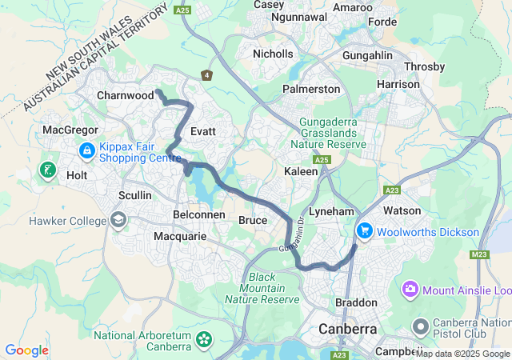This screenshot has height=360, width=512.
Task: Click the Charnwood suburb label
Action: point(124,95)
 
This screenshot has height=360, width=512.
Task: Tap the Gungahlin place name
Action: point(370,55)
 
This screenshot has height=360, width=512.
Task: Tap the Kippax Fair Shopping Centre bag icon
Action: point(87,150)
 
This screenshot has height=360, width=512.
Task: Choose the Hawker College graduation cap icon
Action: point(118,220)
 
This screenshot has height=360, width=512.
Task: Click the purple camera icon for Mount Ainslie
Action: point(410,289)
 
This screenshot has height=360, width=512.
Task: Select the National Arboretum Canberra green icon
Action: point(203,341)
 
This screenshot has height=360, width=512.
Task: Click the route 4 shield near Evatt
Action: point(206,75)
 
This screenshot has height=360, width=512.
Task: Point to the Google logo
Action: point(26,350)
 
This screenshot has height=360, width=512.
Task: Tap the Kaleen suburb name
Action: point(302,171)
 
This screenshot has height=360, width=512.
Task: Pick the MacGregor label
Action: point(70,129)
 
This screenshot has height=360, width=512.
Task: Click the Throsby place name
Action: point(425,66)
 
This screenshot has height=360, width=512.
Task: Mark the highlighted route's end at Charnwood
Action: point(158,93)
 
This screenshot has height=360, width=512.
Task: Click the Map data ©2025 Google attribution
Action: point(462,354)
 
